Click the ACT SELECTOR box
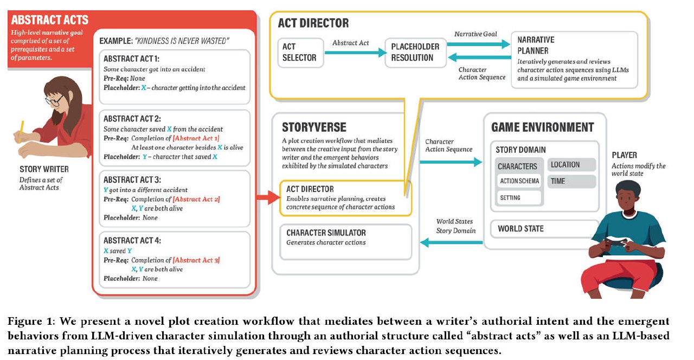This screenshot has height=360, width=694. click(x=300, y=53)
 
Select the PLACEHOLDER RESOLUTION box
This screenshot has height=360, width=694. click(x=416, y=53)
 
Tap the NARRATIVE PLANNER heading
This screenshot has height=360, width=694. click(x=536, y=45)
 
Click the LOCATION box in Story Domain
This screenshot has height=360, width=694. click(x=571, y=165)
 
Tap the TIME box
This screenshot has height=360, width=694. click(x=571, y=182)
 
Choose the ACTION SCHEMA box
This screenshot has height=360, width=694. click(x=519, y=181)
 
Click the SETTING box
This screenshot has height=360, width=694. click(x=519, y=198)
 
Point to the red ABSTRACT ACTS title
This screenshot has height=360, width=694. click(x=49, y=20)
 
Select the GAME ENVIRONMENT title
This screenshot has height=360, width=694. click(x=542, y=128)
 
